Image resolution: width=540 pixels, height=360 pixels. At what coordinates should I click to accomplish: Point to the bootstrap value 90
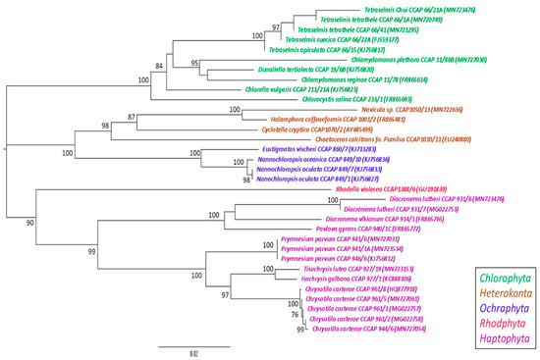[x=30, y=222]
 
